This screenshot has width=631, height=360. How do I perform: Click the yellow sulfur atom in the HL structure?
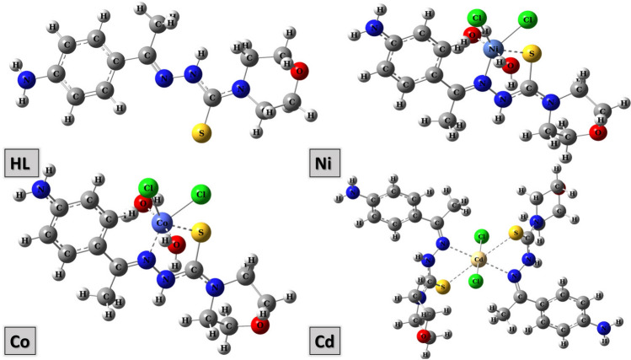point(201,133)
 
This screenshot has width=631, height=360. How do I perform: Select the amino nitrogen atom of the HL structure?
point(28,80)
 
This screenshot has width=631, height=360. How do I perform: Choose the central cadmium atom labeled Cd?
point(480,260)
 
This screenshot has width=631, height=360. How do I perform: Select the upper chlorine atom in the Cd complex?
point(482,237)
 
